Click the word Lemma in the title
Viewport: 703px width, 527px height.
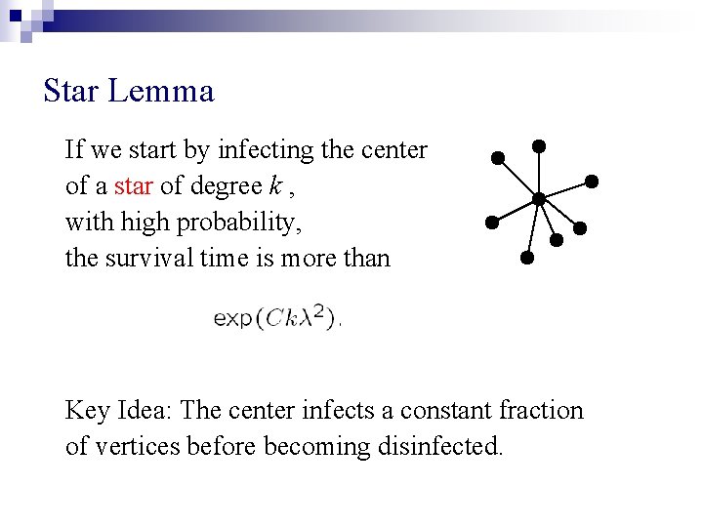[x=161, y=92]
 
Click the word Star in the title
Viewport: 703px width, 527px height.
[x=71, y=92]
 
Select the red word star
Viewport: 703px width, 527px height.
[x=134, y=186]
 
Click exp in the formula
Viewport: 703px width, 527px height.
[x=232, y=317]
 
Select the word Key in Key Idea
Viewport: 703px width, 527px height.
[x=87, y=411]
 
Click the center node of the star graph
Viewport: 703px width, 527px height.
[x=538, y=198]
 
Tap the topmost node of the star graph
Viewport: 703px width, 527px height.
[x=538, y=145]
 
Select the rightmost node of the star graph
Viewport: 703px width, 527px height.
[x=591, y=182]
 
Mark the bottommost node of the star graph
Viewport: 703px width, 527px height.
[x=526, y=259]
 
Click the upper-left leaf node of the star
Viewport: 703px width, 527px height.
[x=498, y=157]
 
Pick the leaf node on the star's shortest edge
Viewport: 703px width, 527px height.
[x=557, y=238]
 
